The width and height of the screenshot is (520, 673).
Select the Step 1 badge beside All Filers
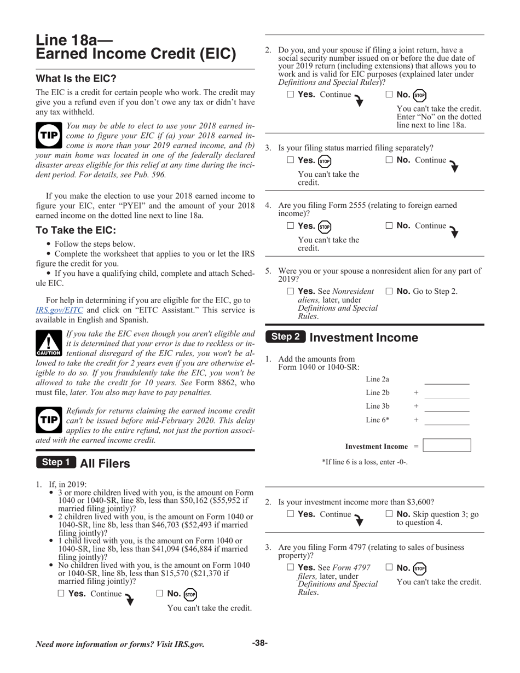56,462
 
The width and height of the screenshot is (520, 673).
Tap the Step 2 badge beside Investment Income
286,337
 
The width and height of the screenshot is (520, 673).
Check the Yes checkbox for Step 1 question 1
61,593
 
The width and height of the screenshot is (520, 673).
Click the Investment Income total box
447,445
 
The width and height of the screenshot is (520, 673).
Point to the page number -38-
259,643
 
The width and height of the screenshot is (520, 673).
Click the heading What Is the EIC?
76,78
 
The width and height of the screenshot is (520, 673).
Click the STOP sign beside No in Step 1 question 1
190,594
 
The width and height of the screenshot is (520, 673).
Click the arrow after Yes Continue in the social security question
359,100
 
